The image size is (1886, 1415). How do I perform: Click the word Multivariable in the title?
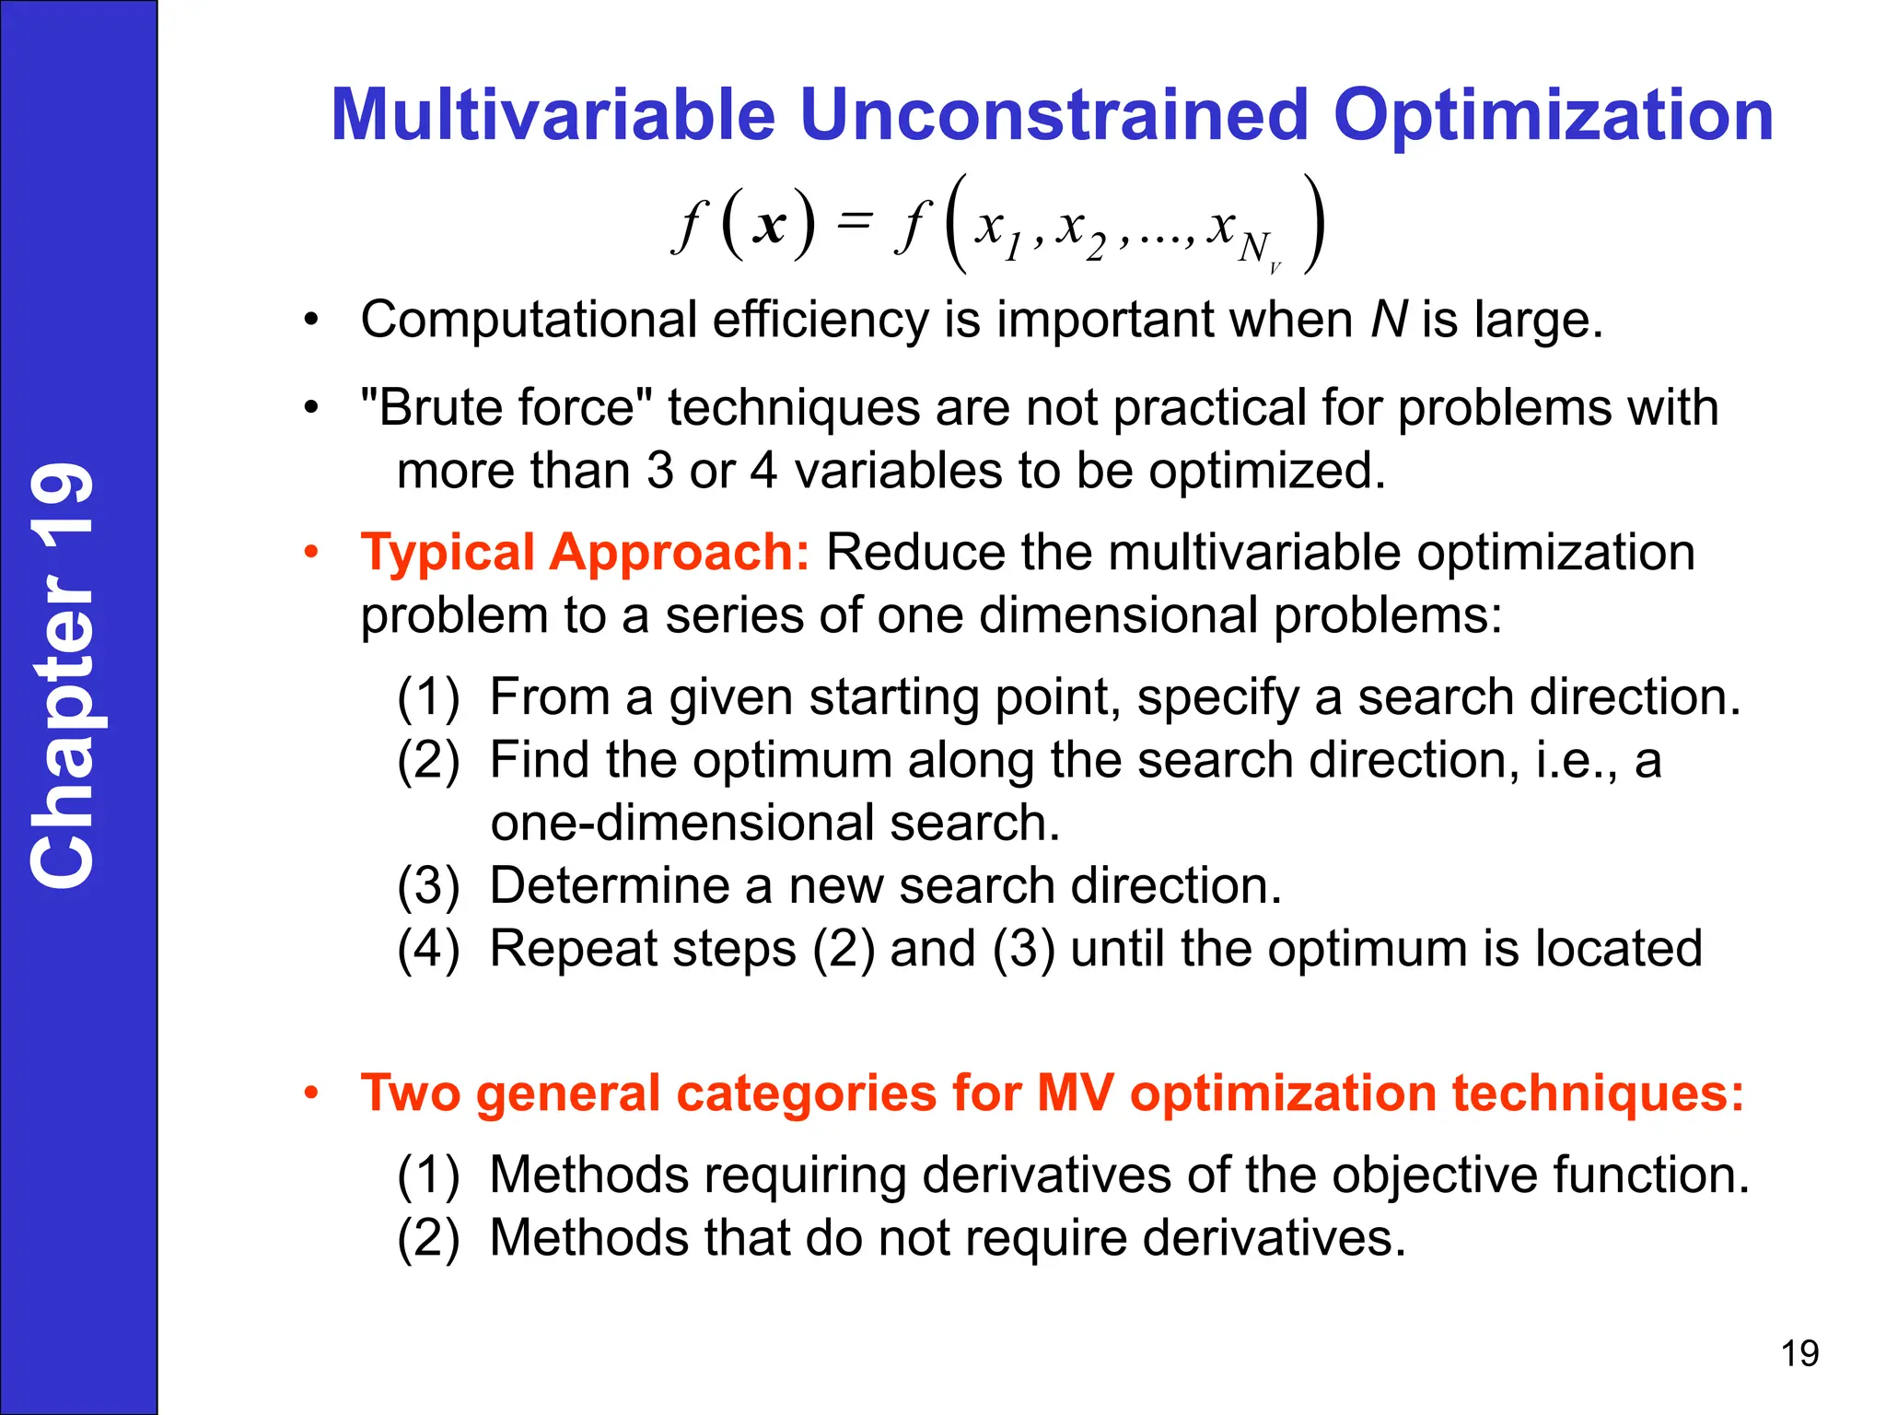(553, 115)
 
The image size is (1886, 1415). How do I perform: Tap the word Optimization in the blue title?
(1553, 115)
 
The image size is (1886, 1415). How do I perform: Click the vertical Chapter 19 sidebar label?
(63, 675)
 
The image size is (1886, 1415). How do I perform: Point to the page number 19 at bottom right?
(1799, 1353)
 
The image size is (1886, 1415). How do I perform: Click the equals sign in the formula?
(854, 220)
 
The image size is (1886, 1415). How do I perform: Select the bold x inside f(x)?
(769, 224)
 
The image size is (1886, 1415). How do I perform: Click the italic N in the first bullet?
(1389, 320)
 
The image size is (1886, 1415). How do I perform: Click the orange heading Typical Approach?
(585, 553)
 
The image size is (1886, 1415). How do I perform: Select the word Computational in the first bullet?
(529, 320)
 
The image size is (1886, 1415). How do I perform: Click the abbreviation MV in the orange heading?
(1075, 1093)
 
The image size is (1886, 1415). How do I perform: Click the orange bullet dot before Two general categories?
(312, 1093)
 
